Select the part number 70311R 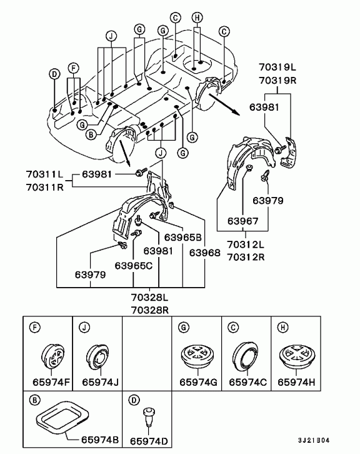click(44, 186)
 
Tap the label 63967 click(243, 221)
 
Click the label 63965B click(182, 238)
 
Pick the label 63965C click(134, 265)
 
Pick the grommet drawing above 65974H click(296, 358)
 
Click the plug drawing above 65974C click(246, 358)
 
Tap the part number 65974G click(197, 381)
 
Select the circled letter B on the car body click(91, 133)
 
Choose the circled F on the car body click(74, 67)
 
